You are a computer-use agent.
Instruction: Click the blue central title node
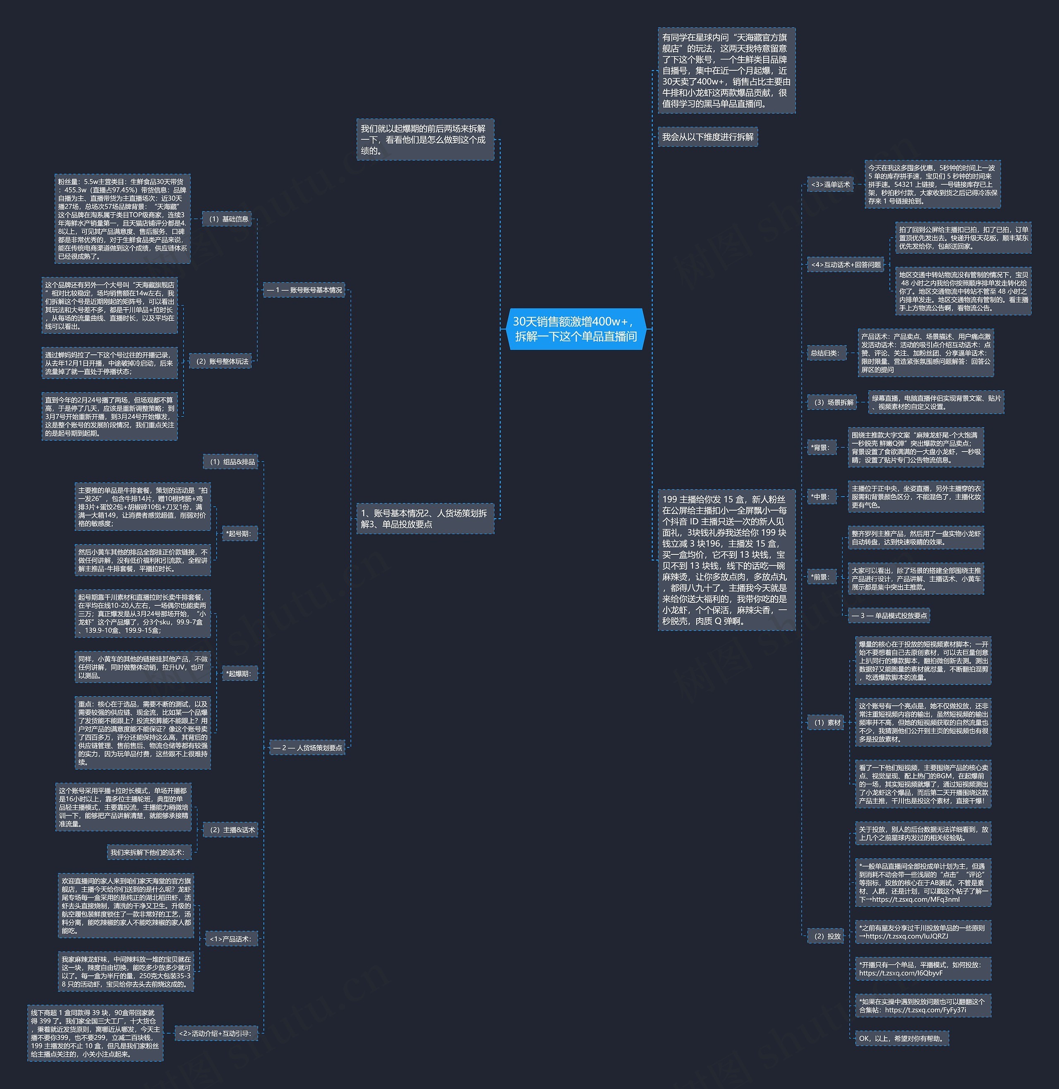click(576, 329)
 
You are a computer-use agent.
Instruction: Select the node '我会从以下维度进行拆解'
click(707, 137)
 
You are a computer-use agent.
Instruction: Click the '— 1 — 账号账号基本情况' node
click(304, 290)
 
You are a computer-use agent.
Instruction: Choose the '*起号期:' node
click(239, 534)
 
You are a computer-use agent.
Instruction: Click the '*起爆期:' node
click(239, 674)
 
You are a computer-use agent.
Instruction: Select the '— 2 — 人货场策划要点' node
click(308, 747)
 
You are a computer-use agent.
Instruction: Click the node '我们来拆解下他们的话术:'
click(147, 852)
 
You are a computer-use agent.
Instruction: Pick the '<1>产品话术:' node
click(230, 939)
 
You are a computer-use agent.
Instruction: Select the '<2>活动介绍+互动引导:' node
click(215, 1034)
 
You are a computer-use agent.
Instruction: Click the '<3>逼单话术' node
click(830, 184)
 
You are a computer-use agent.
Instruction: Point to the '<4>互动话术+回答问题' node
click(846, 265)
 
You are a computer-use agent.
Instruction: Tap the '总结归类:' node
click(824, 353)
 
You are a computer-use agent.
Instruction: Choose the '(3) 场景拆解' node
click(833, 402)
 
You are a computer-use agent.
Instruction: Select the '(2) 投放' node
click(827, 936)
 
